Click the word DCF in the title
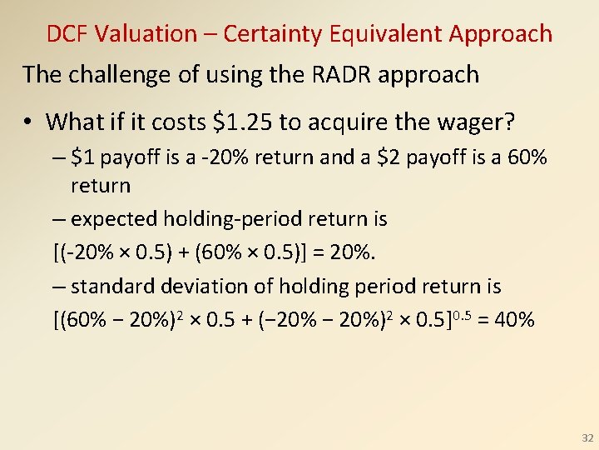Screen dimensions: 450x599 click(x=67, y=34)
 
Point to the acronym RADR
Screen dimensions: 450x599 click(x=342, y=74)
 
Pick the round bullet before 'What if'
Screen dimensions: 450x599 click(x=27, y=122)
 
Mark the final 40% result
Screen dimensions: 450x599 click(x=514, y=320)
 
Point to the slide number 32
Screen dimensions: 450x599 click(x=587, y=437)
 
